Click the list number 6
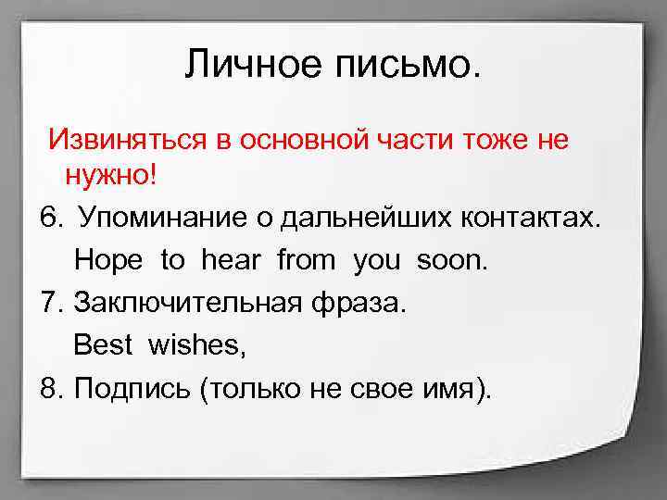pos(52,218)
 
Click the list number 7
pos(52,303)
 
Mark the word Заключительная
pos(185,303)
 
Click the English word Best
pos(103,345)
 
